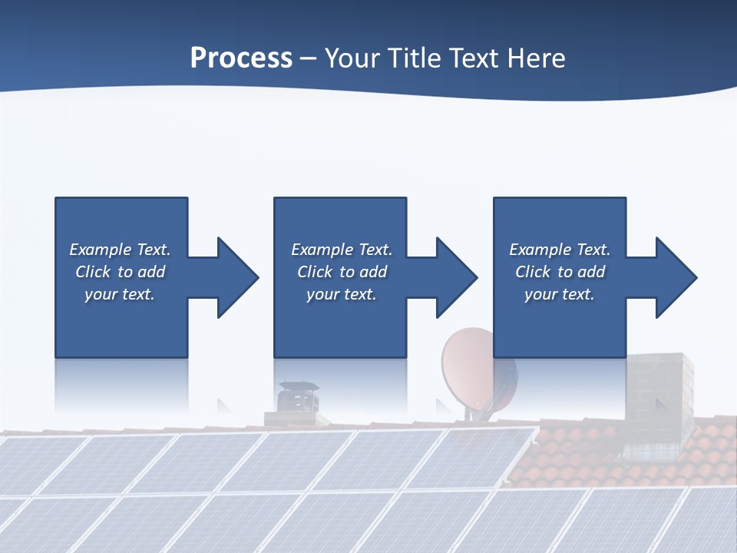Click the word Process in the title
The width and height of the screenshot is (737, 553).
[241, 58]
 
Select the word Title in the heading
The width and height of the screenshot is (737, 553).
[413, 58]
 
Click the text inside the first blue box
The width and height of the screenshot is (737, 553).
[120, 272]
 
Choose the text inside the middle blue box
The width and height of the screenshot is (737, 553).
[341, 272]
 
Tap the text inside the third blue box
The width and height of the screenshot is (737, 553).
[560, 272]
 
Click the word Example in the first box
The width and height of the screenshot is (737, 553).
[101, 250]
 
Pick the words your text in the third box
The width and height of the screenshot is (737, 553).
[560, 294]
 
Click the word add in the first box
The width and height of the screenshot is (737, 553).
[152, 272]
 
